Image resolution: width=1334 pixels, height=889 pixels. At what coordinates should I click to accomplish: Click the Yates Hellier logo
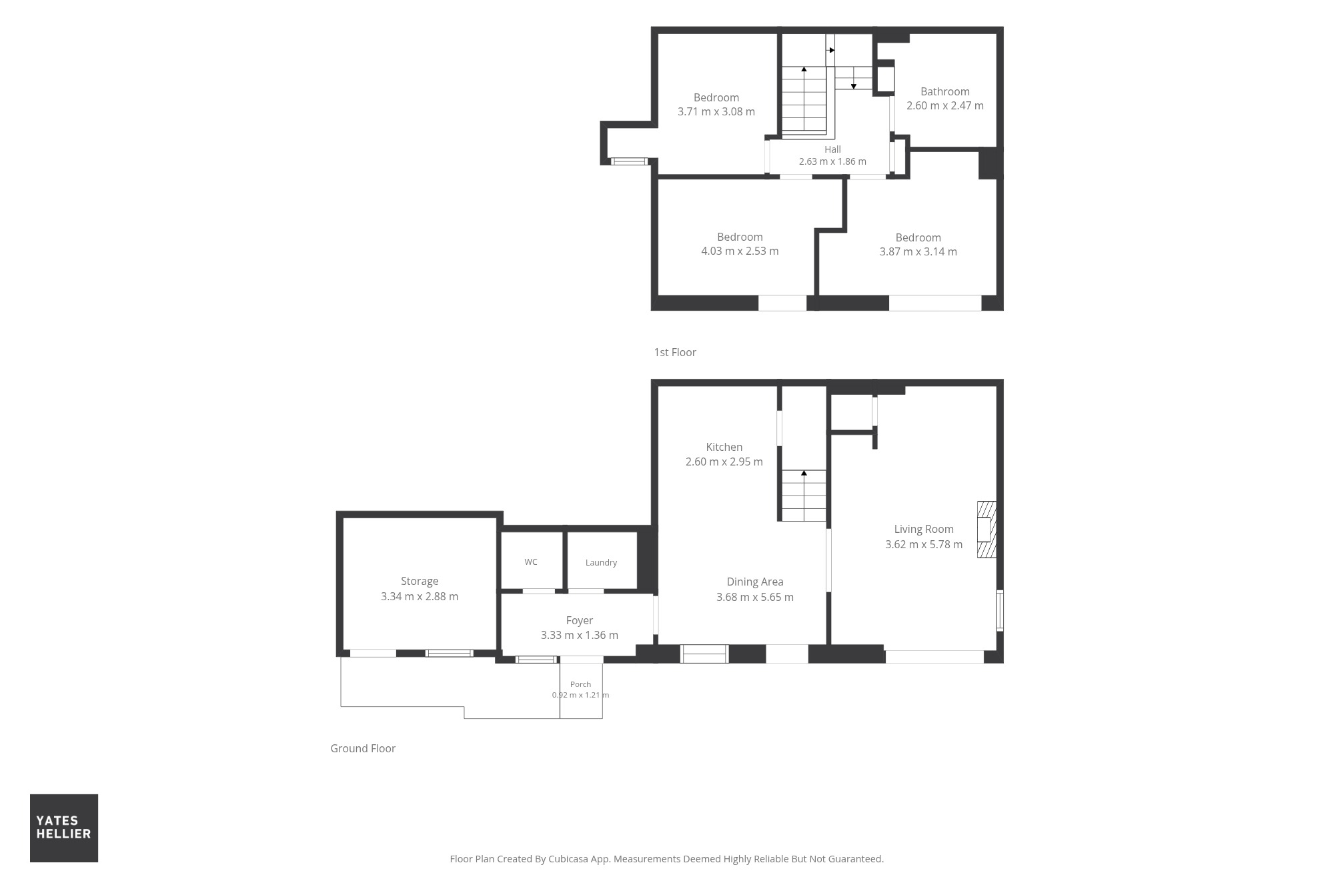(64, 828)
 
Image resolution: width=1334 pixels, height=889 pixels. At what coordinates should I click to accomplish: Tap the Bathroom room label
(944, 91)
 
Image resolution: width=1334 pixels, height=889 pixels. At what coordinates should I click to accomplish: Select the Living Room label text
(924, 529)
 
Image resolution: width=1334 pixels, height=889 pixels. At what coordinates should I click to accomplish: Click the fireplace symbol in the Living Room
(986, 530)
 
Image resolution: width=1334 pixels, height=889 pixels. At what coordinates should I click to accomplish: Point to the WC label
(531, 562)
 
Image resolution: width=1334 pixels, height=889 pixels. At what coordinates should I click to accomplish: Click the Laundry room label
(601, 562)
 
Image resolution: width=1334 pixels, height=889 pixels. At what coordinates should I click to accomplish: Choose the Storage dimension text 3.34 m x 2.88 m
(420, 596)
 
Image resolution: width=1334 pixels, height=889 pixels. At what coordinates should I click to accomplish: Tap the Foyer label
(579, 620)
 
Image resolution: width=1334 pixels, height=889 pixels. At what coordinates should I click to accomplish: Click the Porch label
(580, 684)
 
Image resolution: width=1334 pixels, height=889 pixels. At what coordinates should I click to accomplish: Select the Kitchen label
(724, 447)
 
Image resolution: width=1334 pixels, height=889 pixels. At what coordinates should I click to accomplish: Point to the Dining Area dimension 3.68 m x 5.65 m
(755, 597)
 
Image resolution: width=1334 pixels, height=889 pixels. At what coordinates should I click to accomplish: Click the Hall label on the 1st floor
(832, 149)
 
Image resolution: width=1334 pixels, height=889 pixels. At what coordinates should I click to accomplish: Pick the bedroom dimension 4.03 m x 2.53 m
(740, 251)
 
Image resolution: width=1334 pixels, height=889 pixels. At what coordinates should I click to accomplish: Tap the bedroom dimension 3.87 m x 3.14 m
(918, 251)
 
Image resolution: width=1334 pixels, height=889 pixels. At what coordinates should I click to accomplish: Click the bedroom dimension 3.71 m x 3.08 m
(716, 111)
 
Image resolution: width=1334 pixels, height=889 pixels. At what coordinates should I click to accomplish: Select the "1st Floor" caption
(675, 352)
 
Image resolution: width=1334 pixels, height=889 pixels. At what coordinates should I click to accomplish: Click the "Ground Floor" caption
(363, 748)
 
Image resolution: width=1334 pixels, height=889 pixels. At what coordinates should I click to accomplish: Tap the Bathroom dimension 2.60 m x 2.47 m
(944, 105)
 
